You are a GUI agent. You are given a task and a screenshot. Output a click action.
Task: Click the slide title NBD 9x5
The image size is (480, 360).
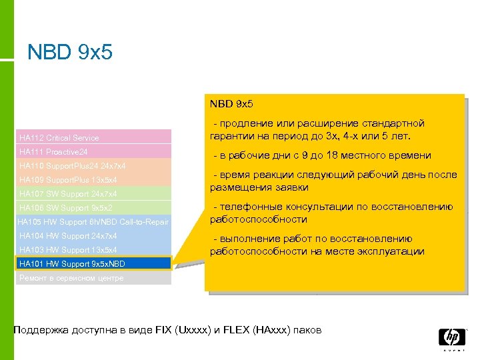pos(70,52)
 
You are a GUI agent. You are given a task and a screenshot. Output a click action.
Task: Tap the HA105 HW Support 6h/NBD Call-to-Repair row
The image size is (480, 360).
pos(93,222)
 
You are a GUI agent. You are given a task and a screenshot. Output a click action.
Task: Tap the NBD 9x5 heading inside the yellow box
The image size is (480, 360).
pos(231,104)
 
